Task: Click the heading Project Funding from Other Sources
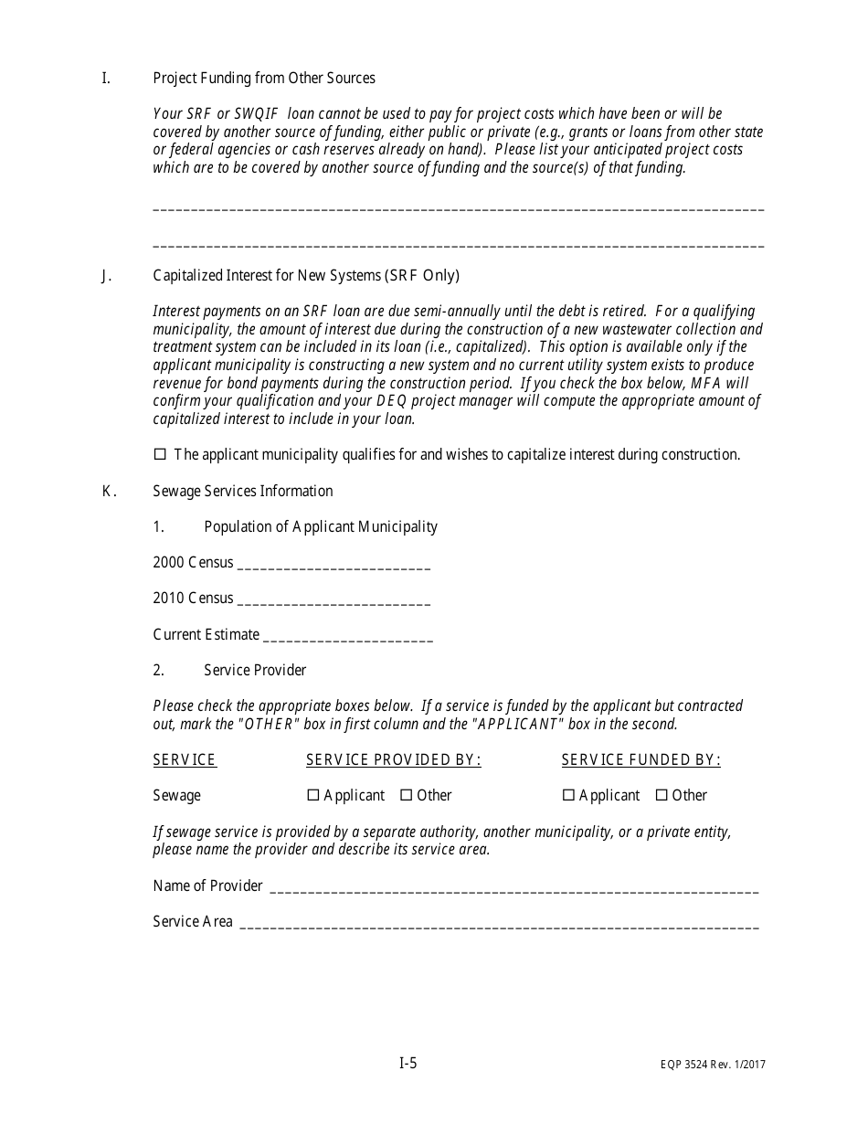tap(264, 79)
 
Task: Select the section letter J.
tap(106, 276)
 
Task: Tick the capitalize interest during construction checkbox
tap(161, 454)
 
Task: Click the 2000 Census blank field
tap(333, 564)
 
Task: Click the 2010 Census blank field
tap(333, 599)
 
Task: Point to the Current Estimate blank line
tap(347, 636)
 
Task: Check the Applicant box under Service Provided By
tap(313, 795)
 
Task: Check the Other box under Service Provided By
tap(407, 795)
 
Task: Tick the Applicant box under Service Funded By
tap(568, 795)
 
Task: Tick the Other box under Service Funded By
tap(662, 795)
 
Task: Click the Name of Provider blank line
tap(514, 886)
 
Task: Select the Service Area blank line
tap(499, 923)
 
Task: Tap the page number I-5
tap(408, 1063)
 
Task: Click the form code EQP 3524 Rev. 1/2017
tap(708, 1065)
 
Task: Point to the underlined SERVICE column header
tap(185, 760)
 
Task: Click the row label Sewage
tap(176, 796)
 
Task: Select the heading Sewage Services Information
tap(243, 492)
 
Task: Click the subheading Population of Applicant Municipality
tap(321, 527)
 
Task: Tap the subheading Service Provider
tap(255, 671)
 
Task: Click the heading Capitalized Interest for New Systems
tap(306, 276)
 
